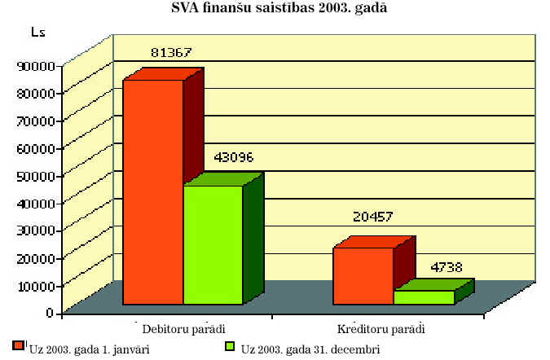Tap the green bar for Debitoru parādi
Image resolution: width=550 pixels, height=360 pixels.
[x=213, y=244]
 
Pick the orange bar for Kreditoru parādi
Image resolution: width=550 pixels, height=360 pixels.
[x=363, y=276]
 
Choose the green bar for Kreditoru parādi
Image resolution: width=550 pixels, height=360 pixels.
[x=424, y=297]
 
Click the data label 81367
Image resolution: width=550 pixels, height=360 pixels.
[x=171, y=53]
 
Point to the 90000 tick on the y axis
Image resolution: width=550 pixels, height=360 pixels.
[x=35, y=65]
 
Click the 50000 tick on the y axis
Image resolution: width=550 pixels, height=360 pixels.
[x=35, y=175]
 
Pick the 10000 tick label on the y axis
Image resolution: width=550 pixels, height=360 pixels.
[x=35, y=285]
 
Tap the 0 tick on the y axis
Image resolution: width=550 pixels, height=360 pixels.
[x=51, y=312]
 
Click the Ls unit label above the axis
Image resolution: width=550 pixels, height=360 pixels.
[x=37, y=33]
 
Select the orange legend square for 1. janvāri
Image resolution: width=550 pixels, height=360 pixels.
[x=19, y=346]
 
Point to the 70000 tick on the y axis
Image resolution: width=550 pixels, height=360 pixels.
[x=35, y=121]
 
